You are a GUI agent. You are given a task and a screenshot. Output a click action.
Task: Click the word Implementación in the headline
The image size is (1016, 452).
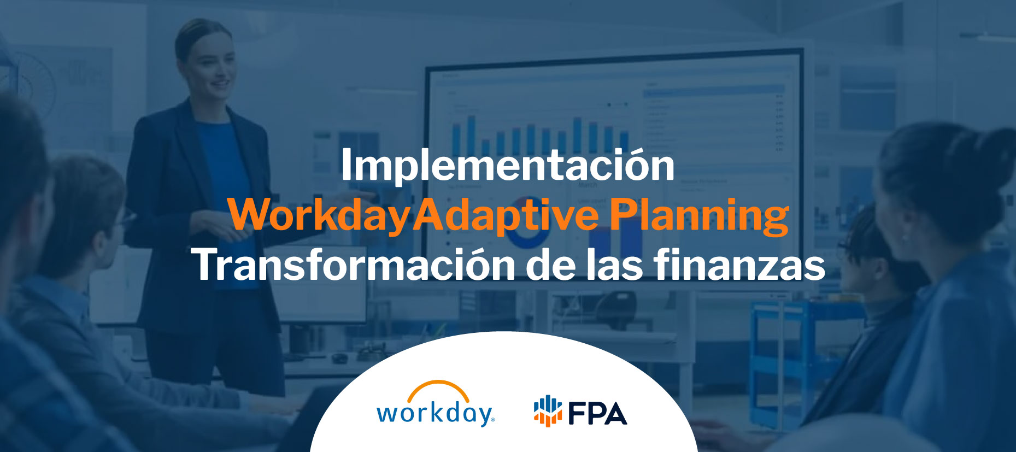point(507,166)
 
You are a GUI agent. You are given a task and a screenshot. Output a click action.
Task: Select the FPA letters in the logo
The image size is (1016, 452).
point(597,413)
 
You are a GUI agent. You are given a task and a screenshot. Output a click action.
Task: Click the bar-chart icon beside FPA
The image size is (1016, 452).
point(548,411)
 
